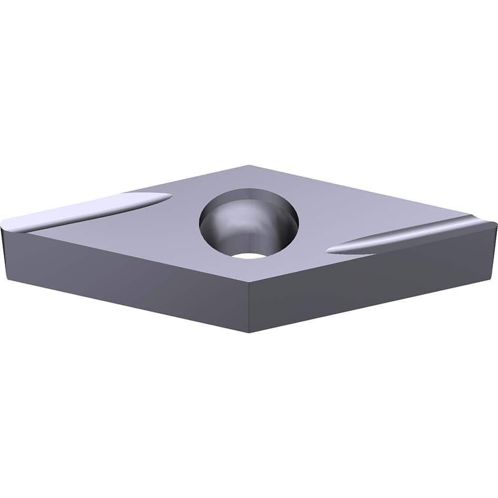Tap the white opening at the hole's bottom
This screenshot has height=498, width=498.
pos(249,255)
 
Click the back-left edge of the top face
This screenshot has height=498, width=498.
pos(124,192)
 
